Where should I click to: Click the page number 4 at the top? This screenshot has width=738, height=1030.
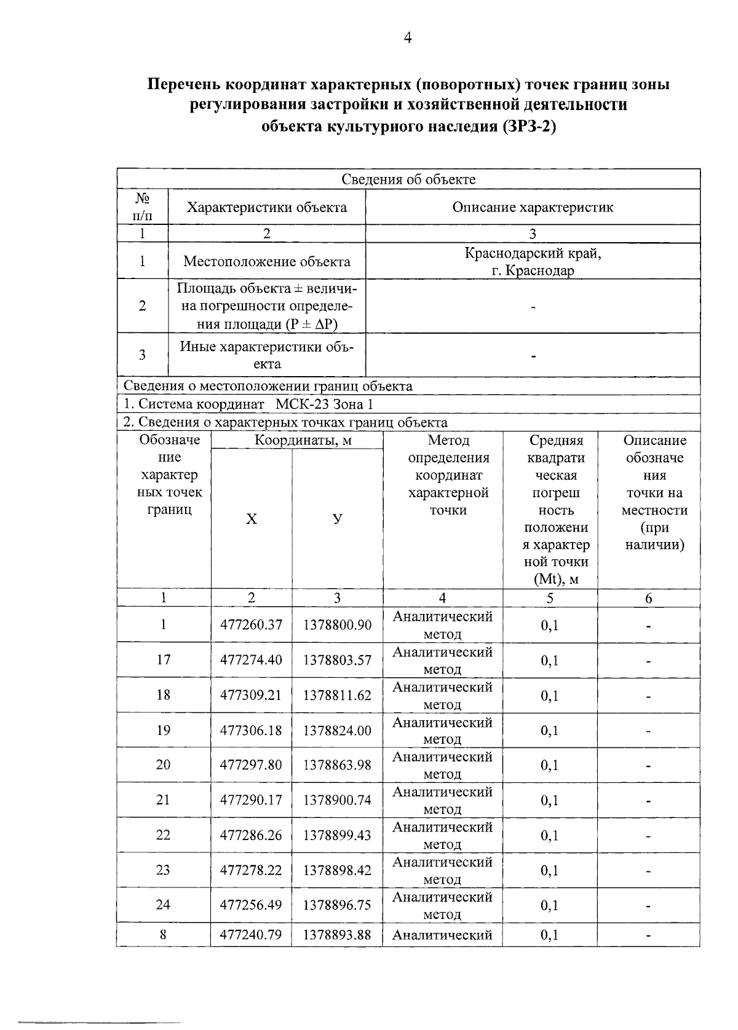click(x=407, y=38)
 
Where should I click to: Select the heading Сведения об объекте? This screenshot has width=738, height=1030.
click(x=408, y=179)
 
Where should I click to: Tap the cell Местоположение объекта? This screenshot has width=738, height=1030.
click(x=266, y=261)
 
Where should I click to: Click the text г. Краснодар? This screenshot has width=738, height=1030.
click(x=533, y=270)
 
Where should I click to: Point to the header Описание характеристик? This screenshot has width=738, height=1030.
click(x=533, y=207)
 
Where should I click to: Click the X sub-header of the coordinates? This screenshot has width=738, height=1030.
click(x=252, y=519)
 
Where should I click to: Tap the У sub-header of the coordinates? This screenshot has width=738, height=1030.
click(x=337, y=519)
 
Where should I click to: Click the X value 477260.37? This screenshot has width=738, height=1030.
click(x=251, y=625)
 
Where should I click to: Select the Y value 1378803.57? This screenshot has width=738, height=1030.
click(x=337, y=660)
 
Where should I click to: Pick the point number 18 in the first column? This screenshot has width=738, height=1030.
click(x=163, y=694)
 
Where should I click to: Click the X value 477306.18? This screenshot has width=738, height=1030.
click(x=251, y=730)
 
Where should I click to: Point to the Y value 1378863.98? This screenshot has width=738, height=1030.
click(x=337, y=765)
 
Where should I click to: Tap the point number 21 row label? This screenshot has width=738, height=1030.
click(x=163, y=800)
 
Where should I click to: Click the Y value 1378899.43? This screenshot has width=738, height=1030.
click(x=337, y=835)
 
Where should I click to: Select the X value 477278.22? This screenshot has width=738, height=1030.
click(x=251, y=870)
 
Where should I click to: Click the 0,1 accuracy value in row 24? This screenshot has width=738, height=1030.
click(x=549, y=905)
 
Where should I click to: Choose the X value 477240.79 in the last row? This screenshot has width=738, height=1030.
click(x=251, y=935)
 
